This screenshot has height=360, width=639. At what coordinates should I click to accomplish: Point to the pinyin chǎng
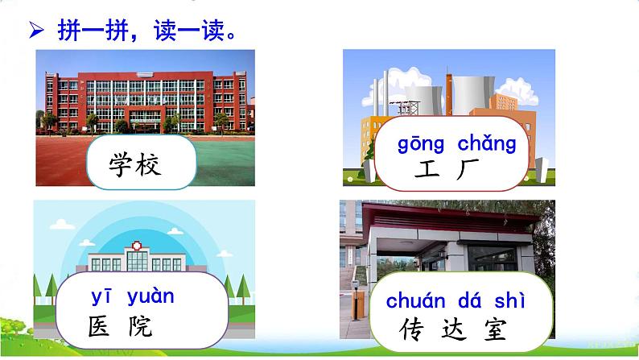(x=487, y=144)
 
